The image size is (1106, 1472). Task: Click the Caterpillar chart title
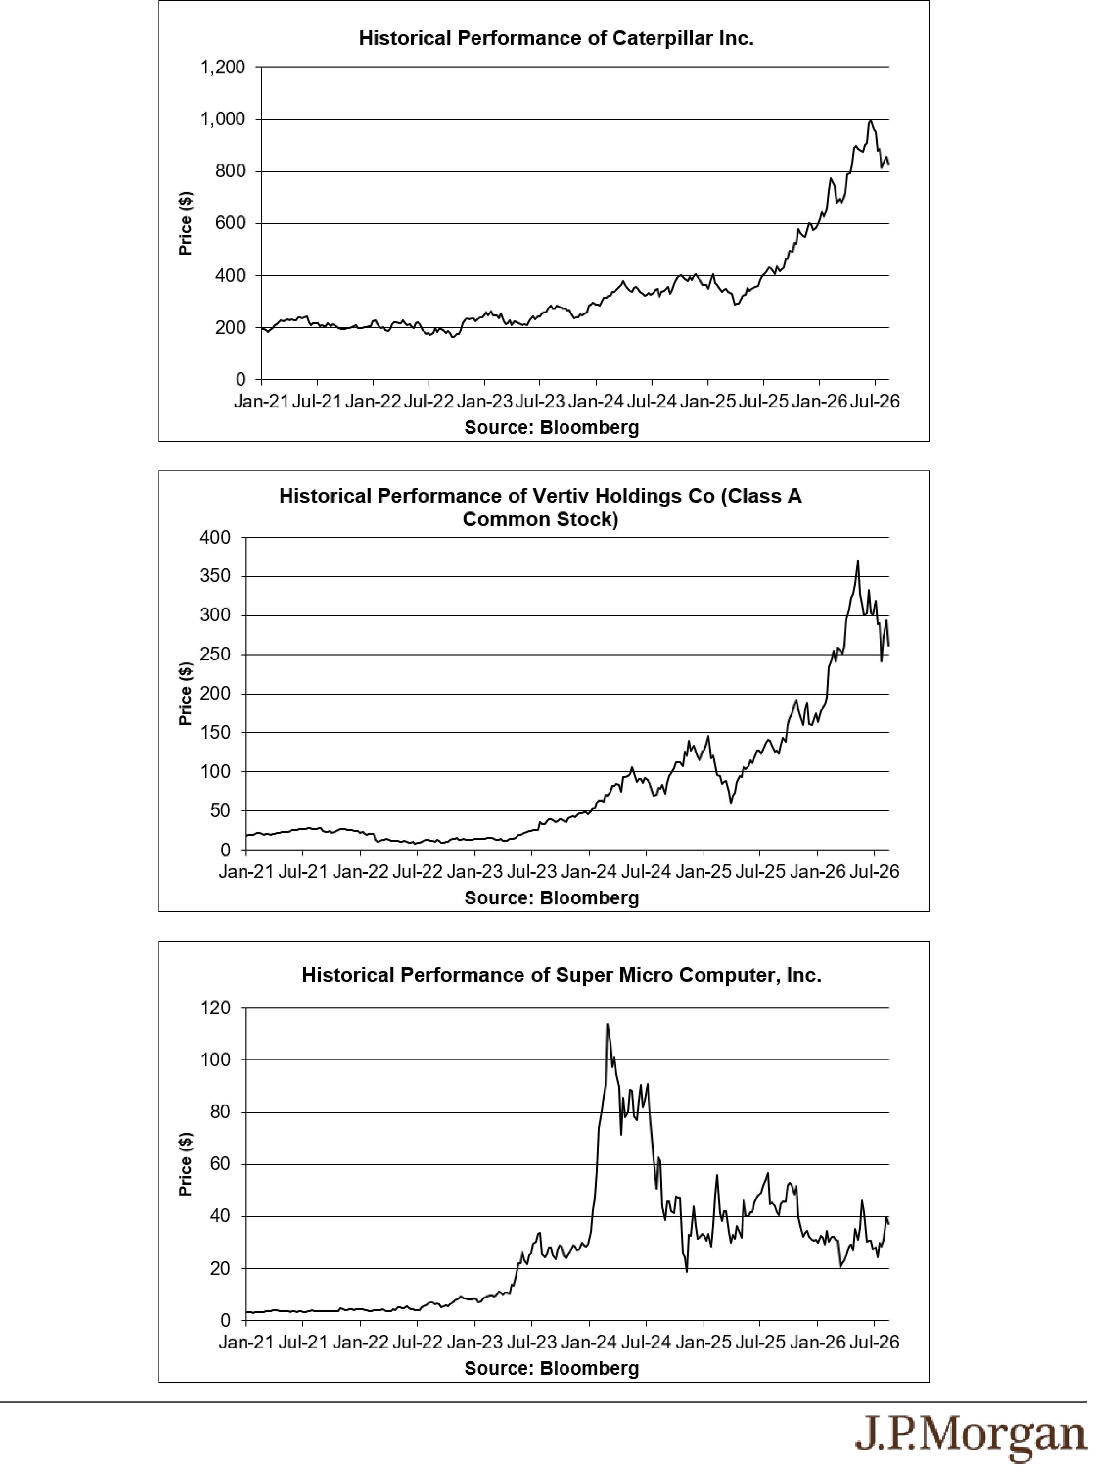click(x=556, y=38)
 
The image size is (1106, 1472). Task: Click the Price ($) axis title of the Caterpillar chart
click(x=186, y=223)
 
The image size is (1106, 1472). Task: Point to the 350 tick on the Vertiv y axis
click(x=215, y=576)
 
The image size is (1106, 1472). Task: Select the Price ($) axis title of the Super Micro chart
click(x=186, y=1164)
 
